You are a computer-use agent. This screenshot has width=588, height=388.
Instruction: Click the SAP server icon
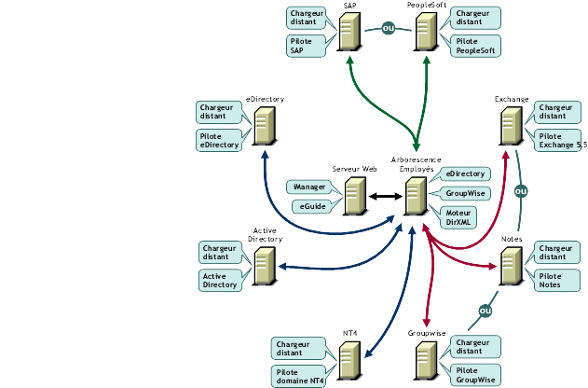tap(349, 32)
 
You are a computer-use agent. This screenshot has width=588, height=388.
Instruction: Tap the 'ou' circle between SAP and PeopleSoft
tap(389, 28)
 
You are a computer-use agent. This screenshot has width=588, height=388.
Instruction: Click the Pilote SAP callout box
tap(307, 46)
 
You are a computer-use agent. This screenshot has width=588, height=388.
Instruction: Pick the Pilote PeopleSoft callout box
tap(475, 46)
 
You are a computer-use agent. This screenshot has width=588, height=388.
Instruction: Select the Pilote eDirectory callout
tap(220, 140)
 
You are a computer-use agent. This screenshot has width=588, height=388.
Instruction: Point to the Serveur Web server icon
tap(354, 196)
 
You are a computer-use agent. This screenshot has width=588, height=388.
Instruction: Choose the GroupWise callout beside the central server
tap(462, 193)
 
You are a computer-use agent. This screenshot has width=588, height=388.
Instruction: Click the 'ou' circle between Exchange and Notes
tap(521, 191)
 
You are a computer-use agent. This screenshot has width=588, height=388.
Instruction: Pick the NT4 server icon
tap(350, 359)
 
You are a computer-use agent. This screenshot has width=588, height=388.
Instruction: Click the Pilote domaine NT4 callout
tap(299, 375)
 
